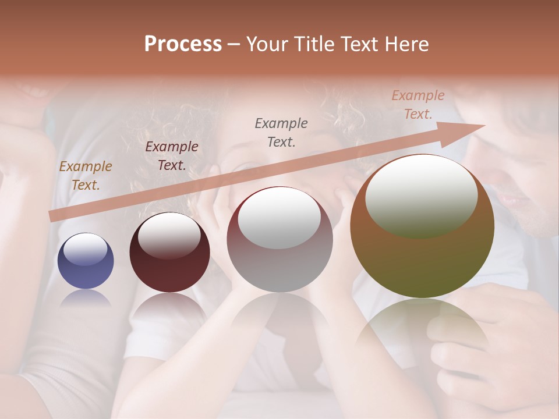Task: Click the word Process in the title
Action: point(183,44)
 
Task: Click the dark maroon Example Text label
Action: point(172,156)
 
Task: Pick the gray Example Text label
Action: point(281,132)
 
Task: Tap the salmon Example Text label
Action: point(418,105)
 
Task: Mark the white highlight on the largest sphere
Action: point(421,197)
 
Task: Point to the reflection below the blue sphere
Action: point(86,299)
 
